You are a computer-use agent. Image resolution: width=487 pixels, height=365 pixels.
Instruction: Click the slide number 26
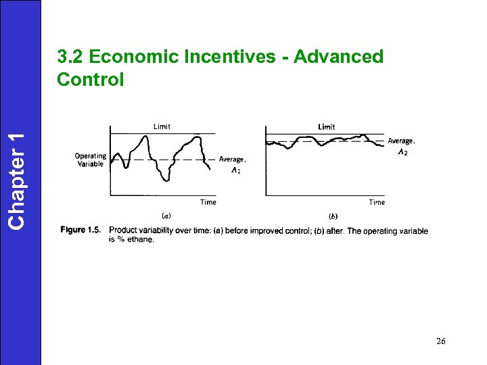click(x=441, y=341)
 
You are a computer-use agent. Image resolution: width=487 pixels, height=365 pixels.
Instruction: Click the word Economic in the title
click(x=126, y=57)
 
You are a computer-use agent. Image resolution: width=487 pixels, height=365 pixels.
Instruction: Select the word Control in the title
click(x=91, y=79)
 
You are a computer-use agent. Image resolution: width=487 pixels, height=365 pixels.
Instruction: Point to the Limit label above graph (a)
click(x=162, y=126)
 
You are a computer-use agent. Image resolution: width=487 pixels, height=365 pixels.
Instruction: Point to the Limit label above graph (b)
click(x=327, y=126)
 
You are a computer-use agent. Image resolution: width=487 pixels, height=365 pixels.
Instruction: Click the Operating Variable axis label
click(x=90, y=160)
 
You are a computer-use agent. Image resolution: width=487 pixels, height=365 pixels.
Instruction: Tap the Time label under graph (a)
click(x=208, y=202)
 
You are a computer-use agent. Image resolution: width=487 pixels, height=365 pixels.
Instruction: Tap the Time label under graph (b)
click(x=377, y=202)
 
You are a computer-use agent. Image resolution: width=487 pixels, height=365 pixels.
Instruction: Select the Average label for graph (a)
click(x=233, y=160)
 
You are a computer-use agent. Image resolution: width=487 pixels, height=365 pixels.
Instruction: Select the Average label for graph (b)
click(x=401, y=141)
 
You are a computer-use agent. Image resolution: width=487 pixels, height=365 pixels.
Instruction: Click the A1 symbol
click(x=235, y=170)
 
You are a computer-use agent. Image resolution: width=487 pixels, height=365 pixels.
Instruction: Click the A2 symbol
click(x=402, y=152)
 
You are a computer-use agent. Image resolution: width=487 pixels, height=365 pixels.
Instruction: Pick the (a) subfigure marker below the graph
click(x=166, y=216)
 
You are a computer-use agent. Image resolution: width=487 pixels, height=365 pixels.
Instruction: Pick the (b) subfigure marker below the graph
click(x=333, y=216)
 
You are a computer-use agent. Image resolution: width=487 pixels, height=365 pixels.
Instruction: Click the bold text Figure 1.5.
click(x=80, y=230)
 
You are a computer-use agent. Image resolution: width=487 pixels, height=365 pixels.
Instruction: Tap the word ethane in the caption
click(x=140, y=239)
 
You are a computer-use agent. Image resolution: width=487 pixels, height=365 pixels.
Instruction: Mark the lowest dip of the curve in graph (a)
click(x=166, y=180)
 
